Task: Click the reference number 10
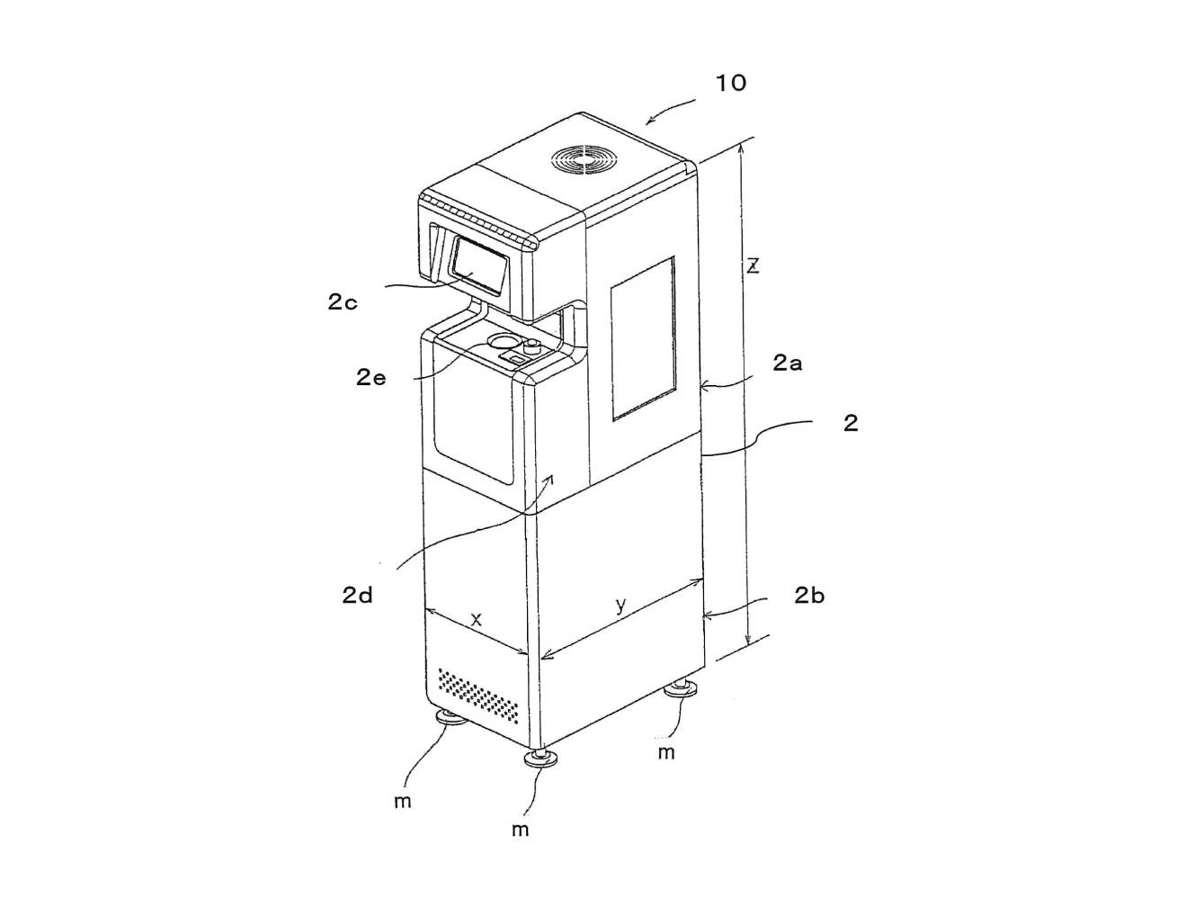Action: pyautogui.click(x=731, y=84)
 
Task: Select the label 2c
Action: pyautogui.click(x=343, y=301)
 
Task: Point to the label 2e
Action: pyautogui.click(x=371, y=377)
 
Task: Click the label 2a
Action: pyautogui.click(x=787, y=363)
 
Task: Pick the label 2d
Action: pyautogui.click(x=358, y=596)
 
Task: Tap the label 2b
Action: pyautogui.click(x=809, y=596)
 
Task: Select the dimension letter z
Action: pyautogui.click(x=754, y=266)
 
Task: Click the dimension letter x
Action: pyautogui.click(x=477, y=619)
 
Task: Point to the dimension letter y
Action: pyautogui.click(x=620, y=605)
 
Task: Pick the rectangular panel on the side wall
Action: pyautogui.click(x=643, y=338)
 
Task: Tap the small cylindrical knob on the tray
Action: pyautogui.click(x=532, y=346)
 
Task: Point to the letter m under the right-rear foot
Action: pyautogui.click(x=666, y=753)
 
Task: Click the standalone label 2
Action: pyautogui.click(x=851, y=423)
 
